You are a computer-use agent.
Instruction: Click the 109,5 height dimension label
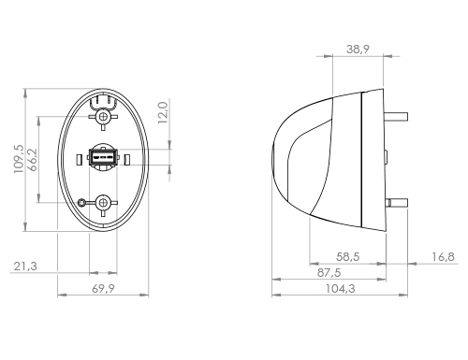click(19, 159)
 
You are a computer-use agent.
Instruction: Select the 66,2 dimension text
click(33, 160)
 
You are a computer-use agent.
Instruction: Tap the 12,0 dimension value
click(163, 112)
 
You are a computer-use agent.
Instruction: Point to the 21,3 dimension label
click(25, 266)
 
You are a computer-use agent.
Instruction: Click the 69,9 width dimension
click(103, 289)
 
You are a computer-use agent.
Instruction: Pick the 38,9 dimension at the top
click(358, 50)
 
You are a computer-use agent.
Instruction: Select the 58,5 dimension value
click(348, 257)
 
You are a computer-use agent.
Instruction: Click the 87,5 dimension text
click(329, 273)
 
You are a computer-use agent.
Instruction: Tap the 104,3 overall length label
click(341, 289)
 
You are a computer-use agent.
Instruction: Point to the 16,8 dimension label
click(443, 257)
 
